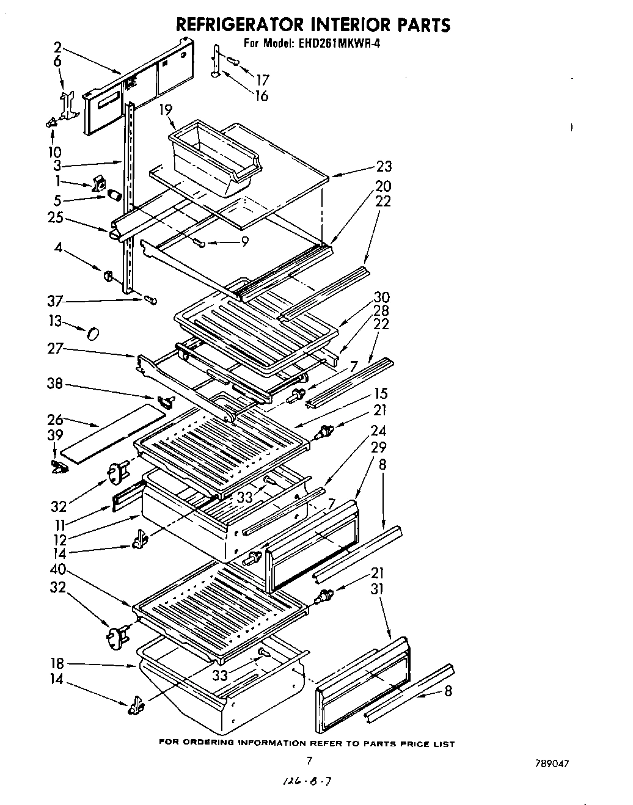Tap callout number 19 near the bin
click(x=164, y=109)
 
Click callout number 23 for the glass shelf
click(x=384, y=166)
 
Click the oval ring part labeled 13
click(x=93, y=333)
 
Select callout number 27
click(x=56, y=349)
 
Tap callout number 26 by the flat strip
click(x=56, y=420)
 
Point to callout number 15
click(x=381, y=393)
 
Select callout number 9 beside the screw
click(x=244, y=242)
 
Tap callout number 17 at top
click(x=262, y=79)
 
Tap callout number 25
click(x=56, y=217)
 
